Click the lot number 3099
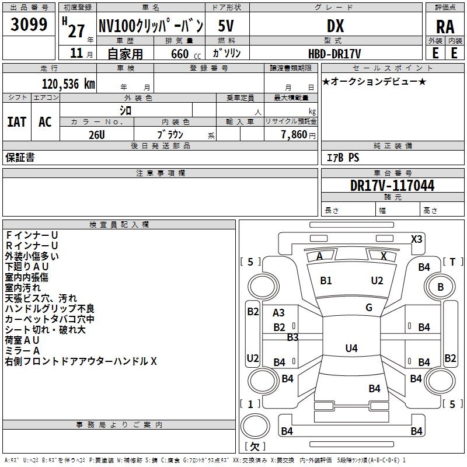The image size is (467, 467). click(x=29, y=25)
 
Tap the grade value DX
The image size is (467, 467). click(x=335, y=26)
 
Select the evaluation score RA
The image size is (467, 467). click(x=445, y=26)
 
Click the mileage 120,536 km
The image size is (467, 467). click(x=68, y=83)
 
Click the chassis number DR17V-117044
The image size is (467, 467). click(x=392, y=186)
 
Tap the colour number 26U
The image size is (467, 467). click(x=97, y=134)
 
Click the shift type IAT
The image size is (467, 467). click(x=16, y=121)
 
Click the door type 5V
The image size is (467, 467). click(x=227, y=26)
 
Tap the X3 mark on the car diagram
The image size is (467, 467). click(x=417, y=239)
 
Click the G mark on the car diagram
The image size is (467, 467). click(x=369, y=308)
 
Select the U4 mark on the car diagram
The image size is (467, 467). click(x=351, y=348)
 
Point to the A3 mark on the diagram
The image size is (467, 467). click(x=279, y=313)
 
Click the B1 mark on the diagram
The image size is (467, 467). click(x=326, y=281)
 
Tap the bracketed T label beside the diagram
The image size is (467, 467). click(x=452, y=262)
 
